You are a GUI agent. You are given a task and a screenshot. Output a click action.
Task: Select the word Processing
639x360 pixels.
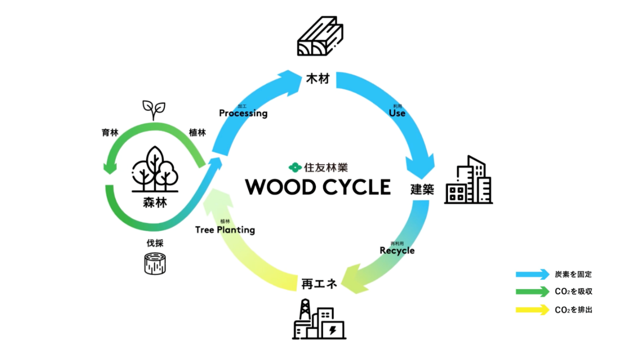click(x=243, y=113)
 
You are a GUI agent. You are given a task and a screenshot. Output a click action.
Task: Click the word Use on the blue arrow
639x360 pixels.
click(x=397, y=113)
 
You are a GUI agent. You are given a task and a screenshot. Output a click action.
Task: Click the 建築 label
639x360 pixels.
click(x=422, y=190)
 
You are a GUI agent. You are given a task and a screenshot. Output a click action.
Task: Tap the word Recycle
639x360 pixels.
click(x=397, y=250)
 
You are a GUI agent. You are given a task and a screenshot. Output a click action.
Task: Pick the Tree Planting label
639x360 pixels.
click(x=225, y=230)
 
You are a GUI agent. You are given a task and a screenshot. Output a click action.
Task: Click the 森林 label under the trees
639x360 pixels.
click(x=155, y=203)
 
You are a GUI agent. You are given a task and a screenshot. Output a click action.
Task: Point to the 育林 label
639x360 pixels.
click(x=110, y=133)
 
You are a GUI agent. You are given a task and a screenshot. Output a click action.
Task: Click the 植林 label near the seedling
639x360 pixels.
click(x=197, y=133)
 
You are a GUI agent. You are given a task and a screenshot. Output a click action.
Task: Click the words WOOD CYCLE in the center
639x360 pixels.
click(x=318, y=187)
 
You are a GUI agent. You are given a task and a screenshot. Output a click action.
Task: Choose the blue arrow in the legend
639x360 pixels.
click(x=532, y=275)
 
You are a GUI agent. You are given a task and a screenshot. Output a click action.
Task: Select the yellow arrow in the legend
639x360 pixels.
click(x=532, y=310)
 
